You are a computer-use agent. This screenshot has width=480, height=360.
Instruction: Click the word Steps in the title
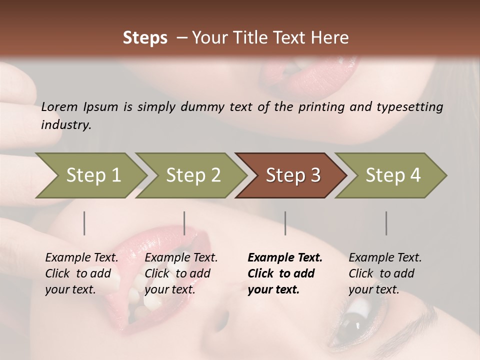[145, 38]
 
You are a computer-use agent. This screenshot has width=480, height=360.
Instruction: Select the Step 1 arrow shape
[93, 175]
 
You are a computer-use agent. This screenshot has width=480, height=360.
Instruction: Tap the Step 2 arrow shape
[193, 175]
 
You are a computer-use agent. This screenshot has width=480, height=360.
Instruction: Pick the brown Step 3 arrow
[292, 175]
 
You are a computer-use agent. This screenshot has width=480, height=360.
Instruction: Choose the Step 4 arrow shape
[392, 175]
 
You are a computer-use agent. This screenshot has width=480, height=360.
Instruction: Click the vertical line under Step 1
[84, 223]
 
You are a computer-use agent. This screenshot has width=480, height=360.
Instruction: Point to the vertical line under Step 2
[184, 223]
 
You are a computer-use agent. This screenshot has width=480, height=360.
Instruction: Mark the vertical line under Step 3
[285, 223]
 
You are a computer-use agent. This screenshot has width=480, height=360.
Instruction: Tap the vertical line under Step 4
[386, 223]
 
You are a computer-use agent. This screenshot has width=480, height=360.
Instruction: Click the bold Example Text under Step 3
[285, 258]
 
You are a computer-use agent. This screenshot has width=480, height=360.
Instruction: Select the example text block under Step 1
[81, 273]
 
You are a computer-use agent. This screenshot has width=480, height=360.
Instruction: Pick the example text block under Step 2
[181, 273]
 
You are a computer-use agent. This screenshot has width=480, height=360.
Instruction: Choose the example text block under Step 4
[385, 273]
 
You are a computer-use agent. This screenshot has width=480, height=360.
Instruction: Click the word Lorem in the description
[59, 107]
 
